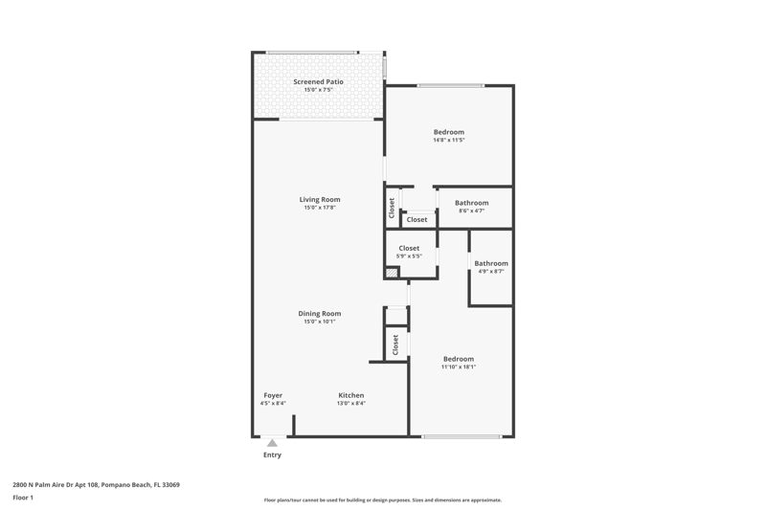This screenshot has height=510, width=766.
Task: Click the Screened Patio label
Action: [318, 81]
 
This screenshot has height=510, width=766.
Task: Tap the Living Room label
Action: [320, 199]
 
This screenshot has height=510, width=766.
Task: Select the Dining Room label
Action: [320, 313]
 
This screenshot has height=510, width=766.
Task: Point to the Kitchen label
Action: [350, 395]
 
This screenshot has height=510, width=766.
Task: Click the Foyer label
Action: [273, 395]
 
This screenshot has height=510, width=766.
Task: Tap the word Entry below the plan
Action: [272, 455]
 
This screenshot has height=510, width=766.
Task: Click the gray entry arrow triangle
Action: [272, 443]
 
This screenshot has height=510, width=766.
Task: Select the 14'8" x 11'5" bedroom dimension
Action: [448, 140]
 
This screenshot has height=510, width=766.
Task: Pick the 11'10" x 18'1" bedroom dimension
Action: [459, 367]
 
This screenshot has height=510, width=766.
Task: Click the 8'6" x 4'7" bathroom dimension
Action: [471, 211]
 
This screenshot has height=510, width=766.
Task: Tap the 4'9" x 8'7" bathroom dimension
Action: [491, 272]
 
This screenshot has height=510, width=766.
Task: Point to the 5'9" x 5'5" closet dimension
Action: [409, 256]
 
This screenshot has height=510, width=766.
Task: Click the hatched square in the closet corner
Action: [392, 273]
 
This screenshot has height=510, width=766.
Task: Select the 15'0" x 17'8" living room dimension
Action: [320, 208]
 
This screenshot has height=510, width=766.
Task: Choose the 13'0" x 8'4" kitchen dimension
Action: [350, 404]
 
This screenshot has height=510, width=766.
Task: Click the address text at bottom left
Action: [97, 484]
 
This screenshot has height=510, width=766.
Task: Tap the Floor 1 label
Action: [23, 498]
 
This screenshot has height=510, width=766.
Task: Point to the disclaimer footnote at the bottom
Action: [382, 500]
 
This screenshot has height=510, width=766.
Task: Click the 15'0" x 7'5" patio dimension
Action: [318, 90]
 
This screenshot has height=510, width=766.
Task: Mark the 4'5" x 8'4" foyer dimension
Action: [273, 404]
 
